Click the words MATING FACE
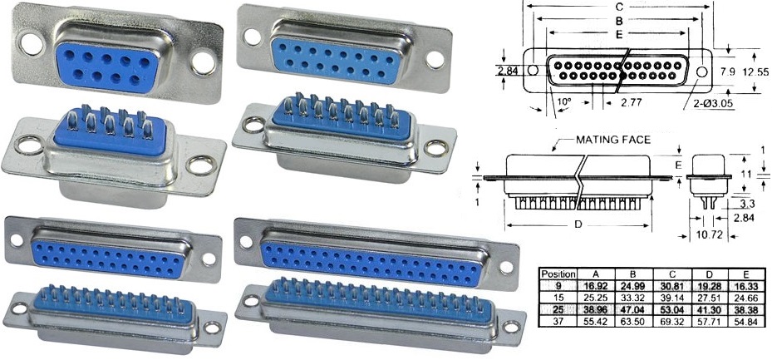pyautogui.click(x=613, y=141)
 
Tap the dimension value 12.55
pyautogui.click(x=755, y=72)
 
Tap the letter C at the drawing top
pyautogui.click(x=619, y=5)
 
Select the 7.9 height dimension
pyautogui.click(x=727, y=72)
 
